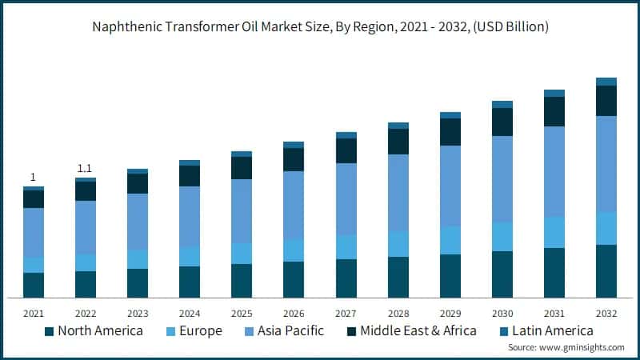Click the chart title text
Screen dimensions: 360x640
coord(319,26)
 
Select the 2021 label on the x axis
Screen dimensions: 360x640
coord(34,313)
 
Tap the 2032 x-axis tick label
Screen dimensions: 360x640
coord(606,313)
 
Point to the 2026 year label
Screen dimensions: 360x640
coord(294,313)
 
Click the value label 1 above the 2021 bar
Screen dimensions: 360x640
coord(33,177)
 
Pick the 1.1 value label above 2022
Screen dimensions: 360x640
coord(85,168)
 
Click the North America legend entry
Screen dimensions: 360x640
coord(94,330)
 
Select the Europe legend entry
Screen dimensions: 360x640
coord(194,330)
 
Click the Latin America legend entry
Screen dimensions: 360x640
coord(544,330)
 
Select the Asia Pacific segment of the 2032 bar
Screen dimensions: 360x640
coord(606,164)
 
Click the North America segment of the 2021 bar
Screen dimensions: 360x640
coord(34,285)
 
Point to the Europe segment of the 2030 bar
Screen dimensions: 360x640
coord(502,237)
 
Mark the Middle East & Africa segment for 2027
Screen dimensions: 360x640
coord(346,151)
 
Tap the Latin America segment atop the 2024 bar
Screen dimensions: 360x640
coord(190,162)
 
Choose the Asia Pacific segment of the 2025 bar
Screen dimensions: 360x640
coord(242,211)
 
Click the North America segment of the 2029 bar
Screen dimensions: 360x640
coord(450,276)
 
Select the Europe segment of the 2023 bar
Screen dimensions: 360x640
coord(138,259)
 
